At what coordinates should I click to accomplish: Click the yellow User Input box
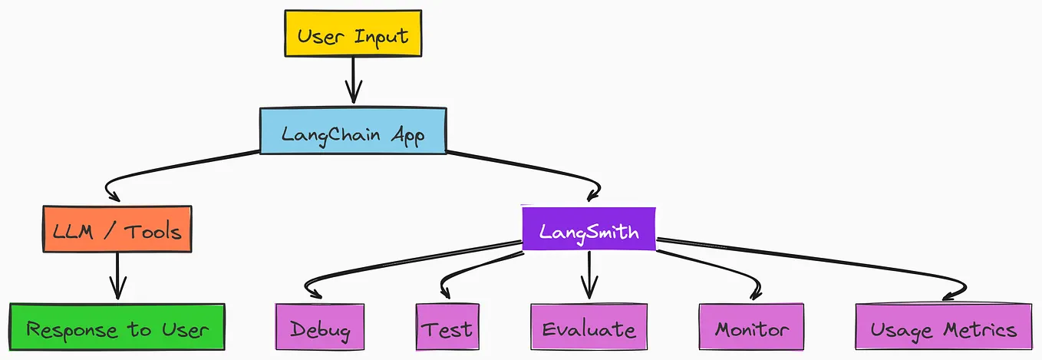(x=353, y=34)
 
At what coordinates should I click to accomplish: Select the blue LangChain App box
(x=352, y=130)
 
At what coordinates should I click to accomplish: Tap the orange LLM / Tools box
(x=117, y=229)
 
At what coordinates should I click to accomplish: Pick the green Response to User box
(x=117, y=329)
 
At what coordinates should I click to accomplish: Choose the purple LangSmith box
(x=589, y=229)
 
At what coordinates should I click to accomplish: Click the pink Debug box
(x=319, y=329)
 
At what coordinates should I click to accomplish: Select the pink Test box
(x=447, y=329)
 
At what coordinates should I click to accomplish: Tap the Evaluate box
(x=589, y=329)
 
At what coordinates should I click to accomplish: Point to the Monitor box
(x=751, y=329)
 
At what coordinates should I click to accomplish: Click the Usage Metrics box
(x=943, y=329)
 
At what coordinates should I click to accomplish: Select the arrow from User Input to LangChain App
(x=353, y=81)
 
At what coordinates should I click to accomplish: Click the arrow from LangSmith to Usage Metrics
(x=829, y=265)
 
